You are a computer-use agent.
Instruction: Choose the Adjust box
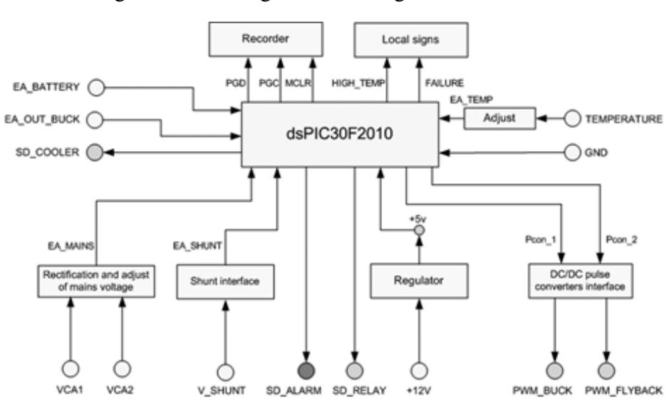pyautogui.click(x=499, y=118)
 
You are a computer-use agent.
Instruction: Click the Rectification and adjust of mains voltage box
pyautogui.click(x=95, y=281)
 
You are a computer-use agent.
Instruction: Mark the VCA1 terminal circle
pyautogui.click(x=70, y=368)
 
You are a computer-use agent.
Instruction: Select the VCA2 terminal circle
pyautogui.click(x=122, y=368)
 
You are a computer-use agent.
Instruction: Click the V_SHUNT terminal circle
pyautogui.click(x=225, y=371)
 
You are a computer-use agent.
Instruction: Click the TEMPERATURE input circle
pyautogui.click(x=571, y=118)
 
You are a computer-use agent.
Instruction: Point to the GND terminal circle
pyautogui.click(x=571, y=152)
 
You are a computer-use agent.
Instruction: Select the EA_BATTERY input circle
pyautogui.click(x=94, y=87)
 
